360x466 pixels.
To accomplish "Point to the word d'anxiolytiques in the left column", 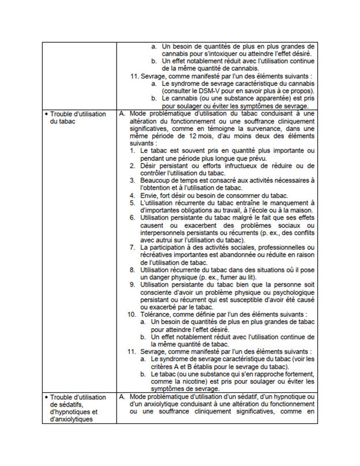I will [x=70, y=419].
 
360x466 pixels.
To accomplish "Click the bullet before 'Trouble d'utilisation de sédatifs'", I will [x=46, y=397].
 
